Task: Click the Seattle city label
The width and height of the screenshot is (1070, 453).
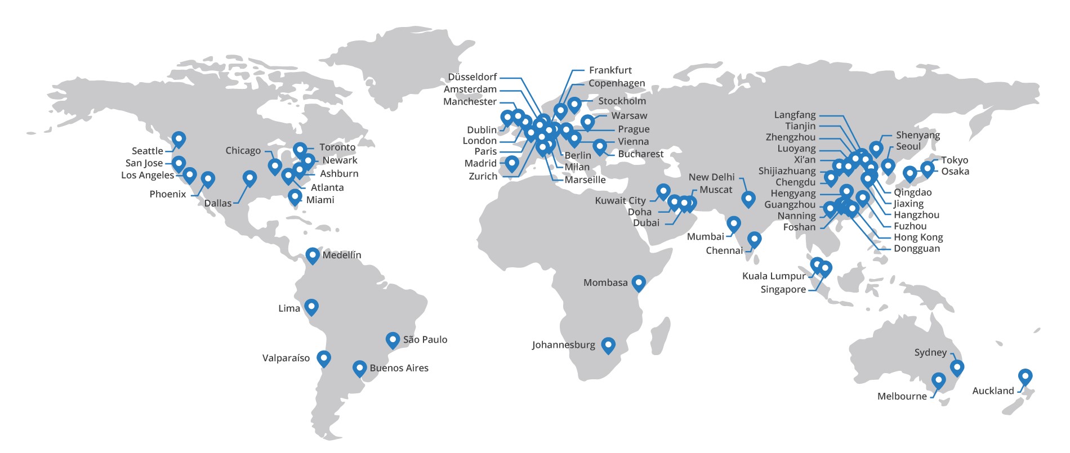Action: click(147, 151)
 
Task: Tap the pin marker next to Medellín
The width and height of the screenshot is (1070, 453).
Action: click(313, 255)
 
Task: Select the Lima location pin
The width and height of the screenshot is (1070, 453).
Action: click(311, 307)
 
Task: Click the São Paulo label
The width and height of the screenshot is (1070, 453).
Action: click(425, 339)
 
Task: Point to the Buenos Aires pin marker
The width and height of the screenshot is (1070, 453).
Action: click(359, 368)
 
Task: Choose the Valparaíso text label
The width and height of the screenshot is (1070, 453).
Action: click(286, 358)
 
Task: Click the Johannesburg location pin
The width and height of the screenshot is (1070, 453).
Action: click(608, 344)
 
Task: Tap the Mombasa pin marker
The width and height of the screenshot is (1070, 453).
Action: click(639, 282)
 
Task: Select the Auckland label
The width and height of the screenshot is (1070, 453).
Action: click(993, 391)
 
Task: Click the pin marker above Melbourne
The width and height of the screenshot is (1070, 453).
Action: click(938, 380)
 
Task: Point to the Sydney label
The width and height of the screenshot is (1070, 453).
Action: click(930, 352)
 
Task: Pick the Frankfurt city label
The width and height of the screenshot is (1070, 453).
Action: click(610, 70)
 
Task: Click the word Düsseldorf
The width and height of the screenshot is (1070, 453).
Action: click(472, 77)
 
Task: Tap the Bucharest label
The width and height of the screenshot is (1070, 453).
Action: click(641, 154)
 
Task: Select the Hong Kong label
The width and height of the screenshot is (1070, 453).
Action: click(918, 237)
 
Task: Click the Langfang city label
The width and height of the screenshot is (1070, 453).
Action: click(795, 115)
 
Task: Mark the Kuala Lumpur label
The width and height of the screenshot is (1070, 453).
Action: click(774, 276)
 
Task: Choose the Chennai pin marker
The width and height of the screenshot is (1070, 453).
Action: click(754, 239)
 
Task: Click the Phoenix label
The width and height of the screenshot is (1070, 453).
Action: click(168, 194)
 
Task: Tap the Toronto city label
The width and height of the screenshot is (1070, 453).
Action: click(337, 147)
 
